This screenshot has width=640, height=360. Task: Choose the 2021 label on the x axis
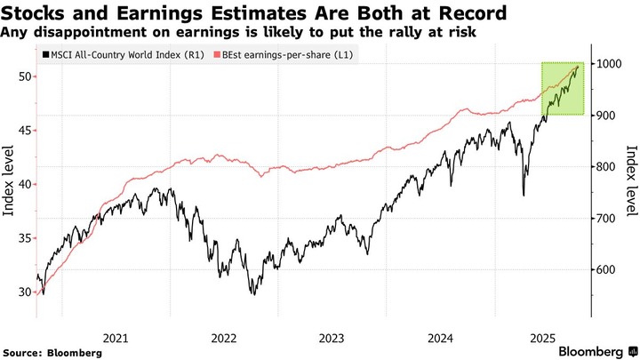[x=116, y=338]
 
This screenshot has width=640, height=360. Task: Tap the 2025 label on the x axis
[x=542, y=338]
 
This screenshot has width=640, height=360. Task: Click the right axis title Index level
[x=631, y=180]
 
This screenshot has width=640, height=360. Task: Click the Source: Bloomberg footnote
[x=52, y=353]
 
